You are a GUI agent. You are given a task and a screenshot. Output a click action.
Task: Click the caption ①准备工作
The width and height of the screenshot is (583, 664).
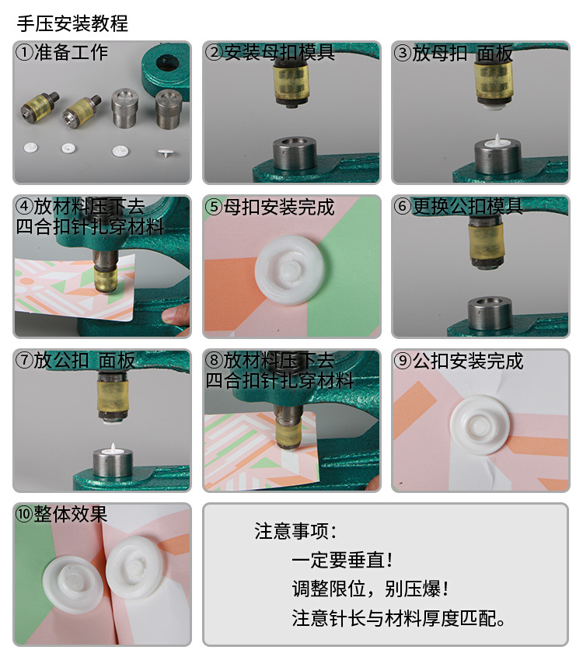click(x=61, y=53)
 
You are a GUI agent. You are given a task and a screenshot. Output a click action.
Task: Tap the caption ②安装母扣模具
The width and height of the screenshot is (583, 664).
click(x=270, y=53)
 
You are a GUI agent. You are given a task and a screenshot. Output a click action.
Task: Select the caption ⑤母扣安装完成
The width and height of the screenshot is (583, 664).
click(x=270, y=208)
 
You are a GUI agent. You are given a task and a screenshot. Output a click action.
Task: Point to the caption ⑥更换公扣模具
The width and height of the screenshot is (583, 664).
click(x=458, y=207)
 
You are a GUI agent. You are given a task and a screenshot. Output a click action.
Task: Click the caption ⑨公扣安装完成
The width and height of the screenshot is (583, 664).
click(x=458, y=361)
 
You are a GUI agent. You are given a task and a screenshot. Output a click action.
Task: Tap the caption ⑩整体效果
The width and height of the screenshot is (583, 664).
click(x=61, y=514)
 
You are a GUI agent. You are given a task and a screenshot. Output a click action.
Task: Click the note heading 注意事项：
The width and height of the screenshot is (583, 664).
click(x=296, y=531)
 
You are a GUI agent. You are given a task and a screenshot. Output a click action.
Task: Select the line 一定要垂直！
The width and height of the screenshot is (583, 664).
click(x=342, y=560)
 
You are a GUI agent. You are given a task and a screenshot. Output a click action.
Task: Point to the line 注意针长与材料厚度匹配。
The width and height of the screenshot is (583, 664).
click(x=400, y=618)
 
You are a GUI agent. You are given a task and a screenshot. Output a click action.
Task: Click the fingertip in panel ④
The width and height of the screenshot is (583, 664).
click(x=178, y=315)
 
